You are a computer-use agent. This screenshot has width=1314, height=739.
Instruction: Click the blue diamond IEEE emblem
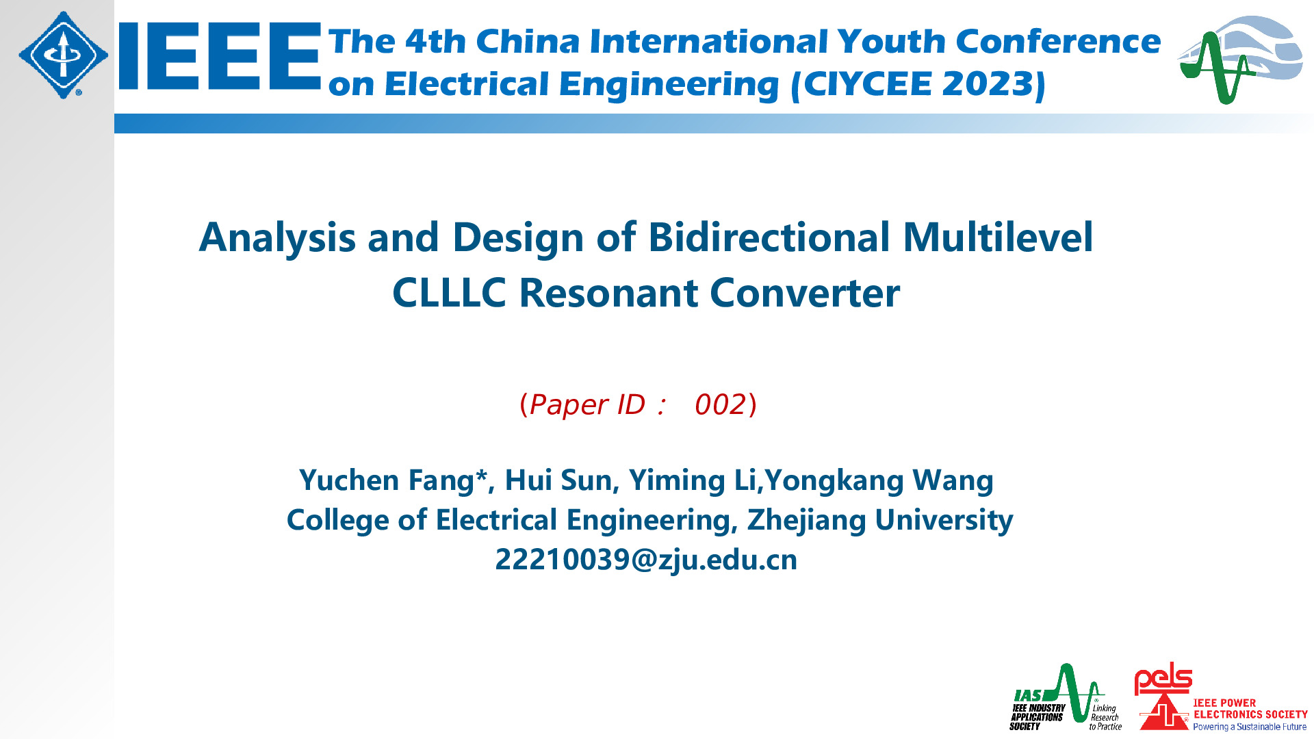pos(63,55)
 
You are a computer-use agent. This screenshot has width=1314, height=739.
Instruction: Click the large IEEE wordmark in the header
pos(220,56)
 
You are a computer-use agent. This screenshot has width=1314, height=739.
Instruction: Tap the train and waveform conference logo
pos(1240,60)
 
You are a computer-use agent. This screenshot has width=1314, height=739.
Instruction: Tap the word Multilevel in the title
pos(998,237)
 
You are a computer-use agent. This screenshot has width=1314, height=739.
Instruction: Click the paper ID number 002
pos(720,405)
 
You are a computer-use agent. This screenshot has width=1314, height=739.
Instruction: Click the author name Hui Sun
pos(558,481)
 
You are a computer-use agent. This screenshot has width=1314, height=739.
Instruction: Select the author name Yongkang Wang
pos(879,481)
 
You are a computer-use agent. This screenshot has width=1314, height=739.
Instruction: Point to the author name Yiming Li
pos(693,481)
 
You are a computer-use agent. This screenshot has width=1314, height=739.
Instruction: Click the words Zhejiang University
pos(879,521)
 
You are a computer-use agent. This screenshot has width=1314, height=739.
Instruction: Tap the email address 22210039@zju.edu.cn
pos(646,560)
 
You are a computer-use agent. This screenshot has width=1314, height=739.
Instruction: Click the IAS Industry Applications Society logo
pos(1066,697)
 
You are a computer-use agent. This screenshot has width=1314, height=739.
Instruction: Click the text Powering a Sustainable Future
pos(1250,727)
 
